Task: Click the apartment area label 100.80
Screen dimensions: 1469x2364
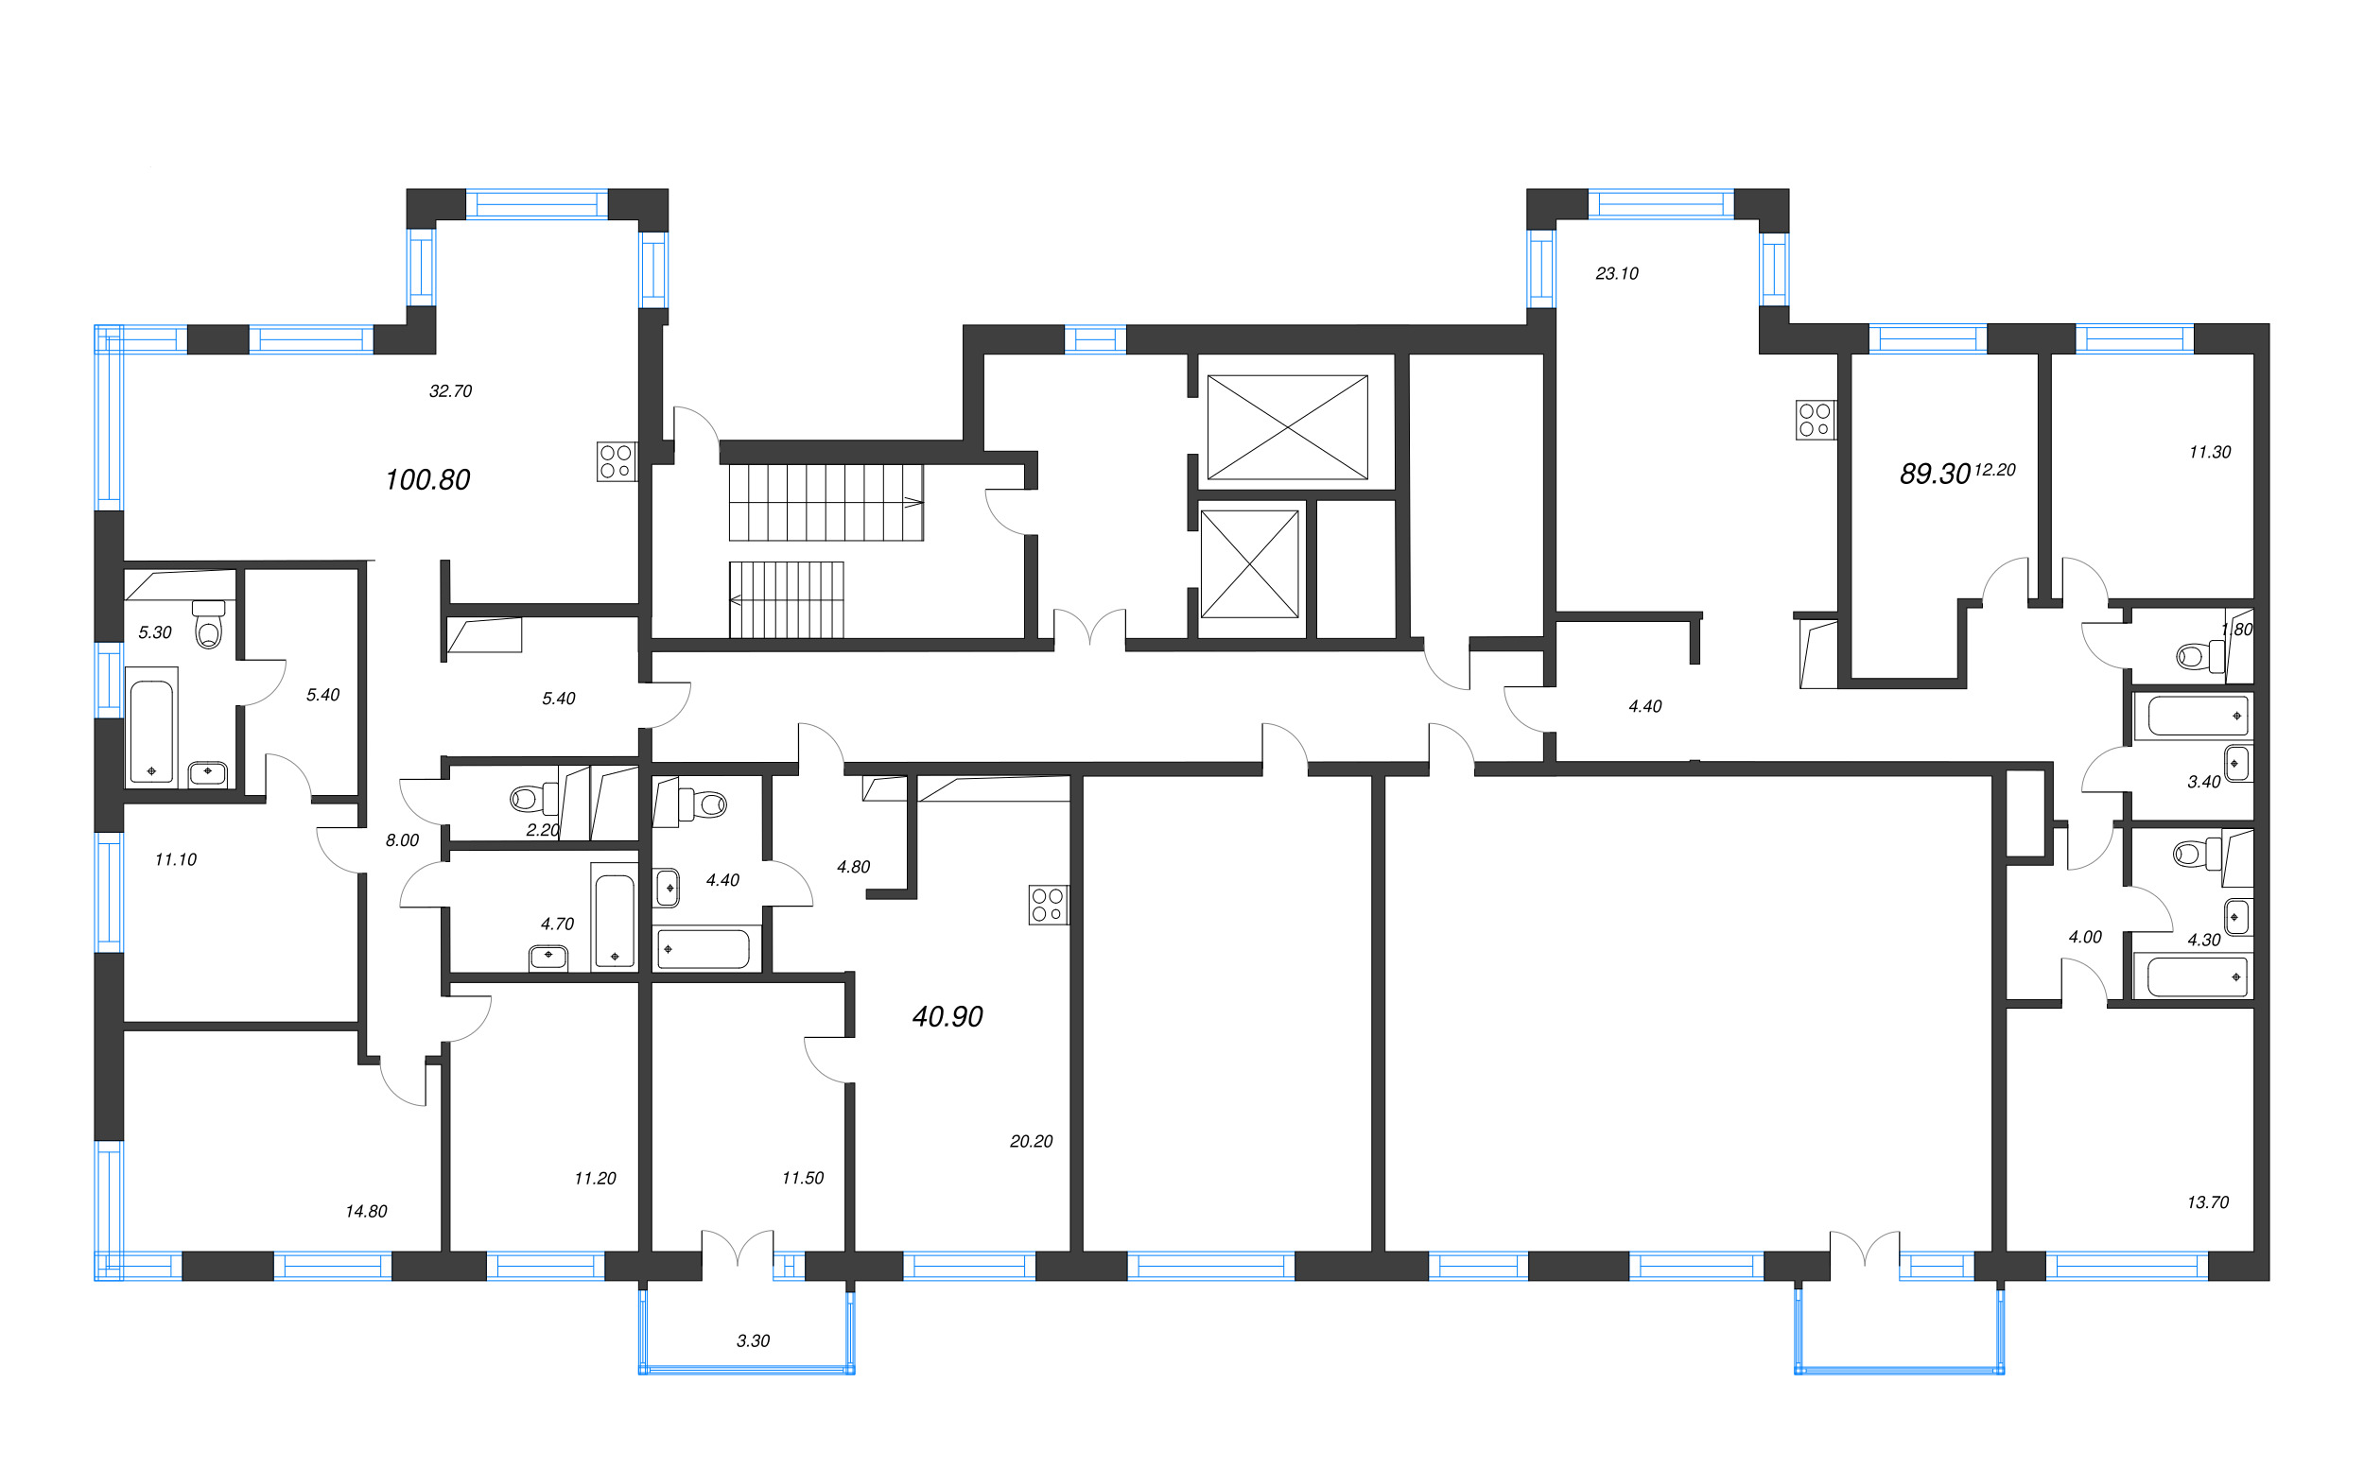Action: point(427,480)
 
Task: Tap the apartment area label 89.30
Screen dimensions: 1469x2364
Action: point(1934,475)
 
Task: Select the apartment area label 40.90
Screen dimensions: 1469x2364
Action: point(947,1016)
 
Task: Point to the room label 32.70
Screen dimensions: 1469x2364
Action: point(451,391)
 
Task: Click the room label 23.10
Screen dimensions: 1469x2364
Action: point(1617,274)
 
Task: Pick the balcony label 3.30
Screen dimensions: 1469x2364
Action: point(753,1340)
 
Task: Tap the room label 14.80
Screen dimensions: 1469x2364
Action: point(366,1212)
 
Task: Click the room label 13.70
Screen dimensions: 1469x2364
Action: point(2208,1202)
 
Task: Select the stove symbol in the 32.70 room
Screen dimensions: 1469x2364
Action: point(616,461)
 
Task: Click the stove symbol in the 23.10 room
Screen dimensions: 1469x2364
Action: point(1814,420)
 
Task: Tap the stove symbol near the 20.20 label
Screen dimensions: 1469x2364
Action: point(1049,905)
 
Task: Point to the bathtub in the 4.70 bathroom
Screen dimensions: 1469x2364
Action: point(614,920)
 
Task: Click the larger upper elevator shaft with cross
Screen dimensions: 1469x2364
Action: point(1287,427)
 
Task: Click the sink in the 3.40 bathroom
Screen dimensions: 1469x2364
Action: point(2236,764)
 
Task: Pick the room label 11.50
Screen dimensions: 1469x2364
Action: point(803,1179)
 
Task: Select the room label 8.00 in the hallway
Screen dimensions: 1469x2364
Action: point(402,840)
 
